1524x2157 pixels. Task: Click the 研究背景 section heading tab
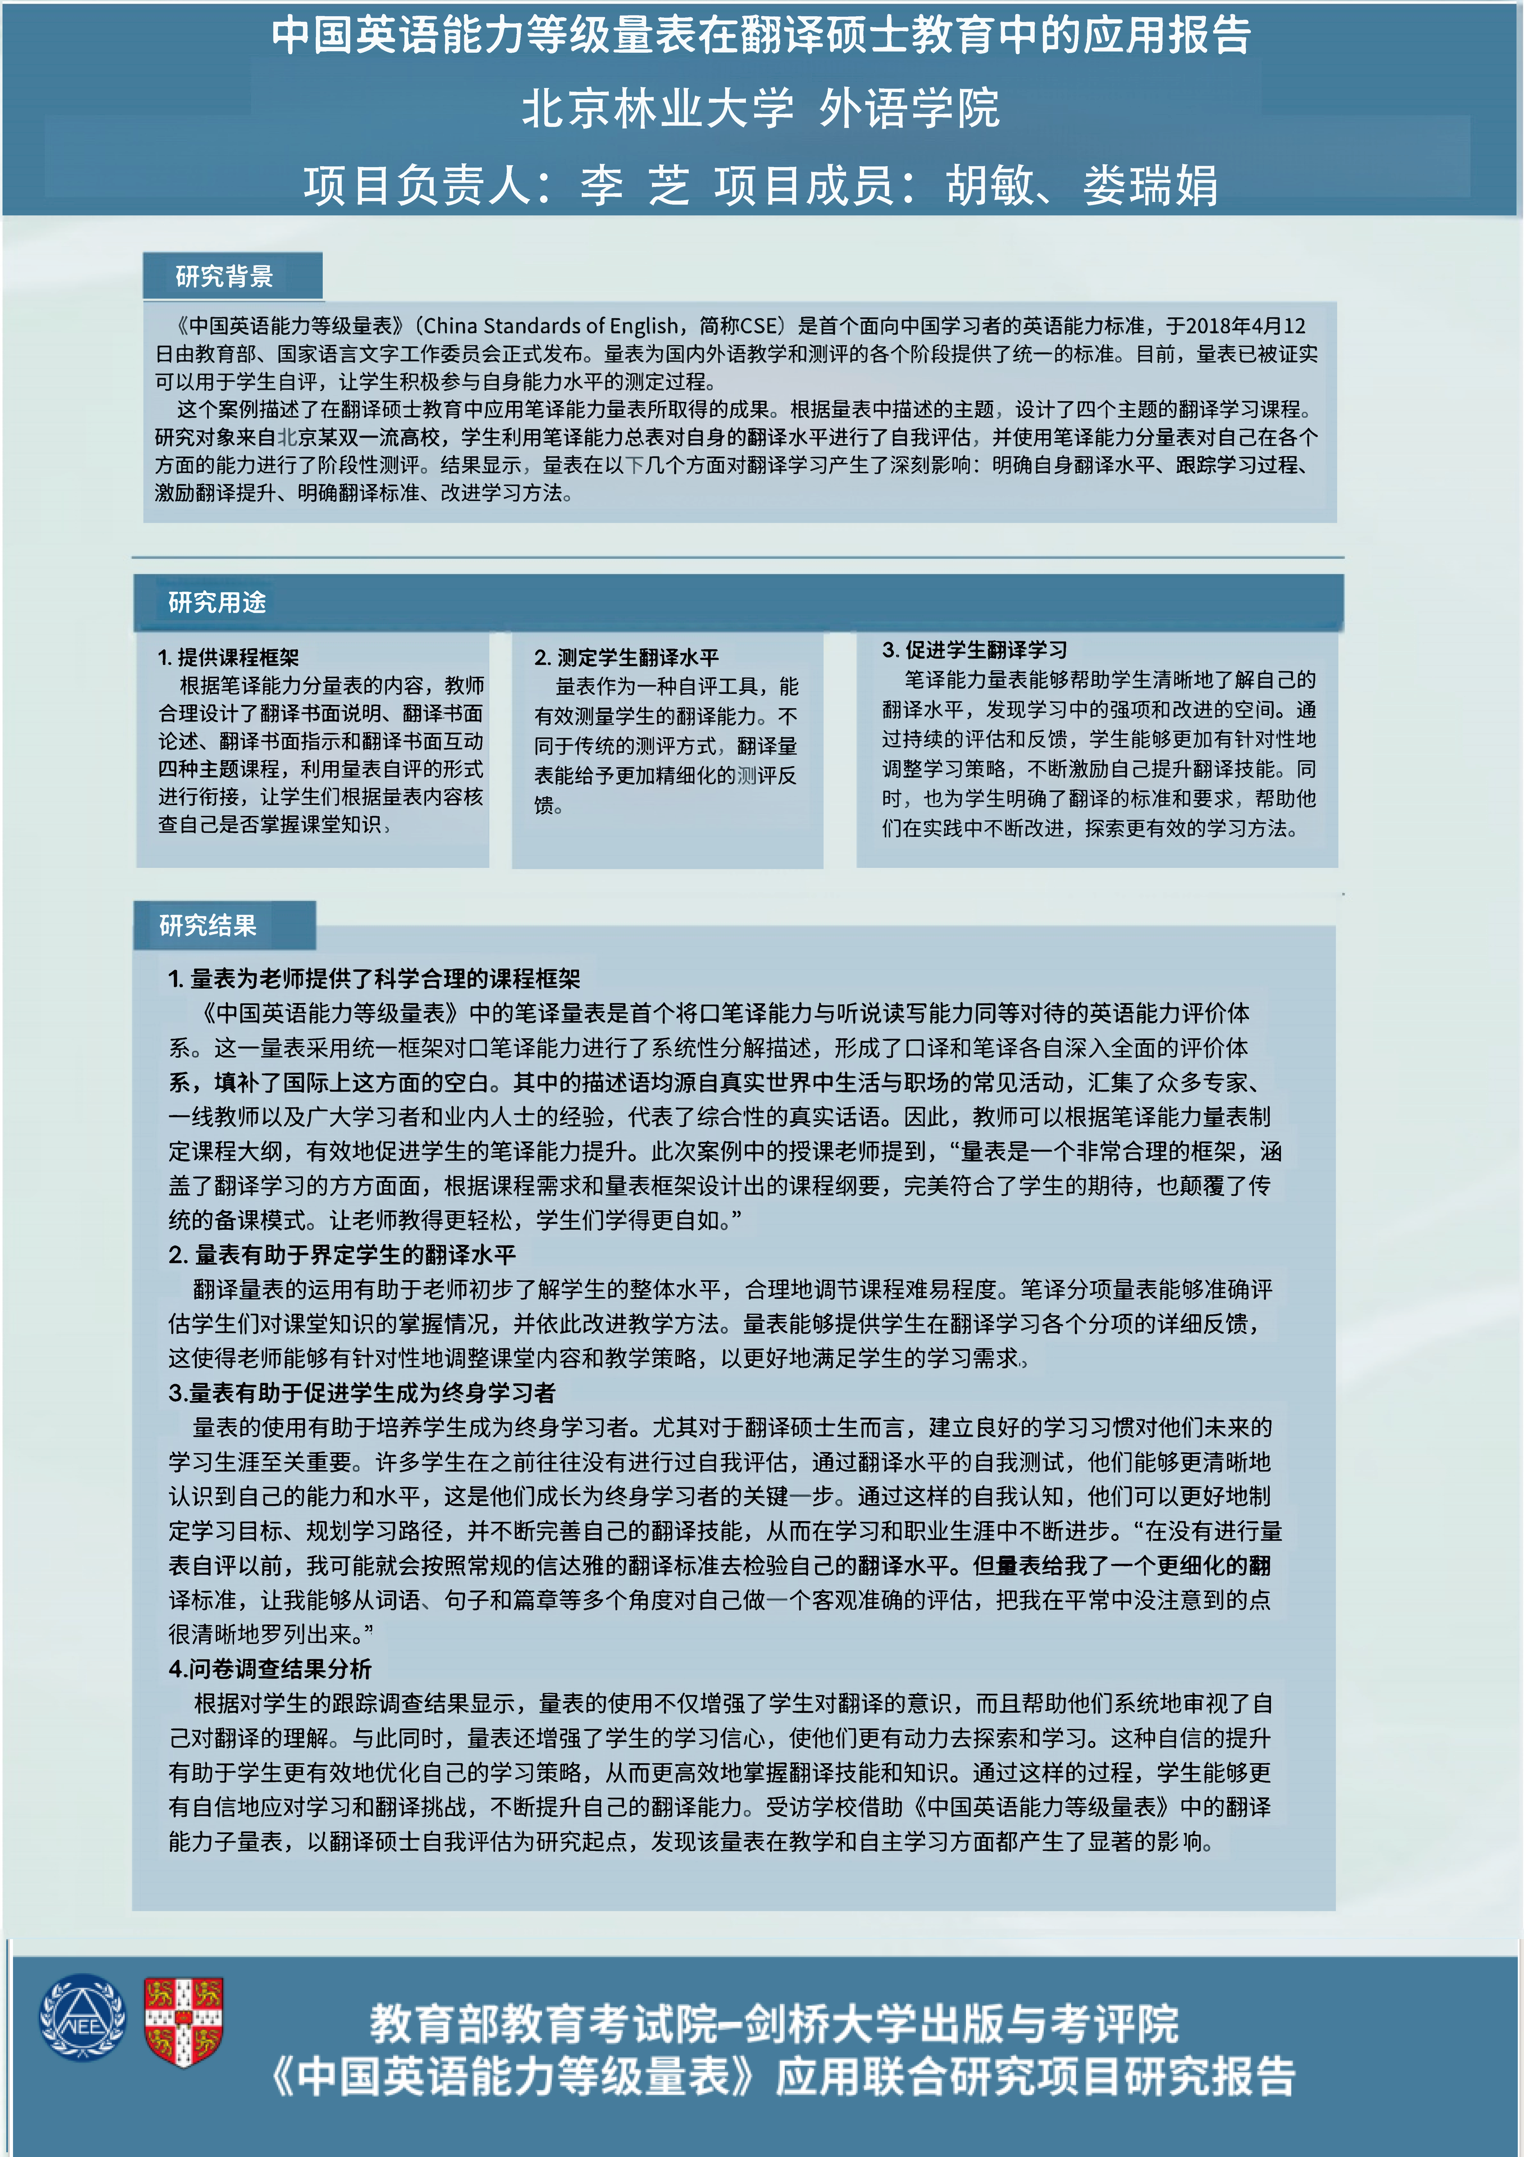(x=225, y=276)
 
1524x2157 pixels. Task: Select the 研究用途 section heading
(x=217, y=602)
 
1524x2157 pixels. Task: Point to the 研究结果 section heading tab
(x=209, y=925)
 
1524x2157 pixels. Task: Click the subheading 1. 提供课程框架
(x=229, y=657)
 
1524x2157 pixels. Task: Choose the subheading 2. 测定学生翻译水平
(x=626, y=657)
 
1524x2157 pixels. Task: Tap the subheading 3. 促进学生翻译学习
(x=974, y=649)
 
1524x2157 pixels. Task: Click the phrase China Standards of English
(x=549, y=326)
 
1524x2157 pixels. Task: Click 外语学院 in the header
(x=909, y=108)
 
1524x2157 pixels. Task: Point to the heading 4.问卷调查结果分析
(x=271, y=1668)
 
